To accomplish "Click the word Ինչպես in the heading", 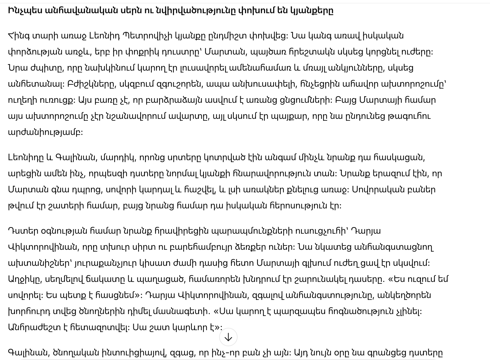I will tap(24, 11).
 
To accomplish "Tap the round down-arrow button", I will tap(228, 337).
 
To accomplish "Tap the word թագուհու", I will tap(411, 116).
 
